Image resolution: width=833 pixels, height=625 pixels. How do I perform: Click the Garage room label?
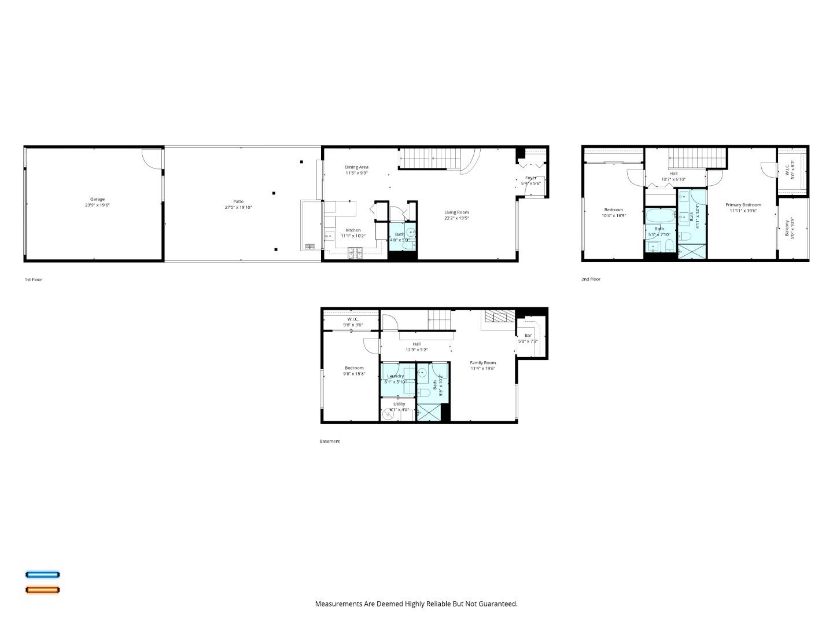pos(97,200)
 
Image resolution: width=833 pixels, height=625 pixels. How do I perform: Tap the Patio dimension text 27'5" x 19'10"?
pos(238,208)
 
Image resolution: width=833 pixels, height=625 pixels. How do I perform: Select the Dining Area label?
pos(356,167)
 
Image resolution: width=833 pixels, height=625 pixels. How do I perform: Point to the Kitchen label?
pos(353,230)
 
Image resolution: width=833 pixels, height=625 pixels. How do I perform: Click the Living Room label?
pos(456,212)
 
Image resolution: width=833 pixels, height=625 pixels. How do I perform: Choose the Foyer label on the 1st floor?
pos(530,178)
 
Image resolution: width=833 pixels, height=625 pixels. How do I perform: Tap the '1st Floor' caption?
pos(33,280)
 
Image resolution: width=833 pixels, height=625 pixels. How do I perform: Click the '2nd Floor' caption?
pos(591,279)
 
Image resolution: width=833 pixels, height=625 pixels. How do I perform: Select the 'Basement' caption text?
pos(330,442)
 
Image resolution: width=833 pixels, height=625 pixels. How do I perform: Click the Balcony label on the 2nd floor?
pos(787,227)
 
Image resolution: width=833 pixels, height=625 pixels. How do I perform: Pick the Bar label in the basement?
pos(528,336)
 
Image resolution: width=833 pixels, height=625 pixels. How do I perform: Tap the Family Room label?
pos(482,363)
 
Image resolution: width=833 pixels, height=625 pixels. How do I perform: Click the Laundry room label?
pos(396,376)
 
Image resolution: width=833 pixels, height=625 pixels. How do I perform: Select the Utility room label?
pos(399,404)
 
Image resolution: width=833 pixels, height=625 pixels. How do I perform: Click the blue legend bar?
pos(42,575)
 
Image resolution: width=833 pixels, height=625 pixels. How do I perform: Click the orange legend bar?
pos(42,590)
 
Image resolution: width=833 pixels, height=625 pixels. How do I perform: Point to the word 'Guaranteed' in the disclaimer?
pos(499,604)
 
